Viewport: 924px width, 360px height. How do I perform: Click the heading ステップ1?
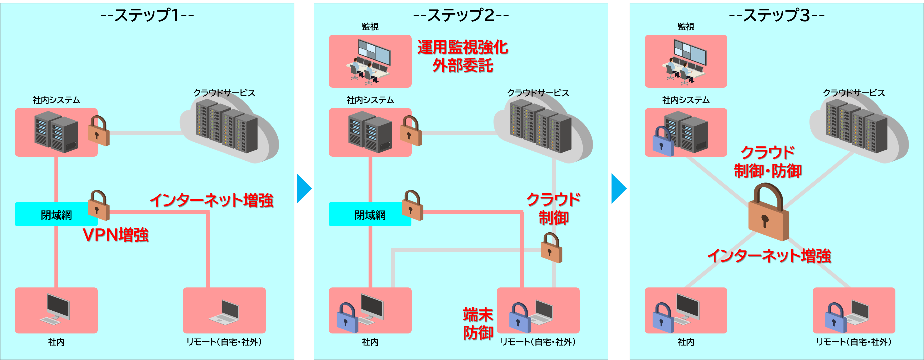147,15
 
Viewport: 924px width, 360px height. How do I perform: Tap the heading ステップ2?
461,15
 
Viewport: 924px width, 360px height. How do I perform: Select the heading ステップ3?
777,15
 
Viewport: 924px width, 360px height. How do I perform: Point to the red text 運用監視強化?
463,48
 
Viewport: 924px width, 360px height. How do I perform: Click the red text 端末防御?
478,324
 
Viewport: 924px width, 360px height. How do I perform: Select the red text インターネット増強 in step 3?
769,256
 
